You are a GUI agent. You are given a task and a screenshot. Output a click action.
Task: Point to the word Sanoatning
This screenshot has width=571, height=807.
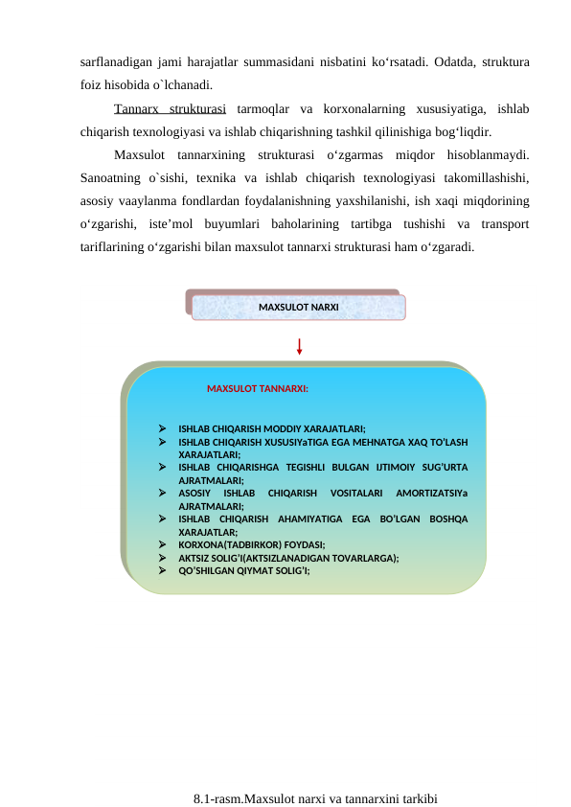tap(112, 177)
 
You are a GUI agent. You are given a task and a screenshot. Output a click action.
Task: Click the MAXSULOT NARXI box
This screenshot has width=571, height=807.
tap(298, 307)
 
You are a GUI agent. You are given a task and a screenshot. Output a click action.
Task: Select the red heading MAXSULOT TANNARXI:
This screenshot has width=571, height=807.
tap(257, 389)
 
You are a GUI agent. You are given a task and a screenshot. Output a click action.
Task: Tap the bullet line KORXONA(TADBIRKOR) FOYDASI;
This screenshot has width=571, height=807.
tap(252, 542)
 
